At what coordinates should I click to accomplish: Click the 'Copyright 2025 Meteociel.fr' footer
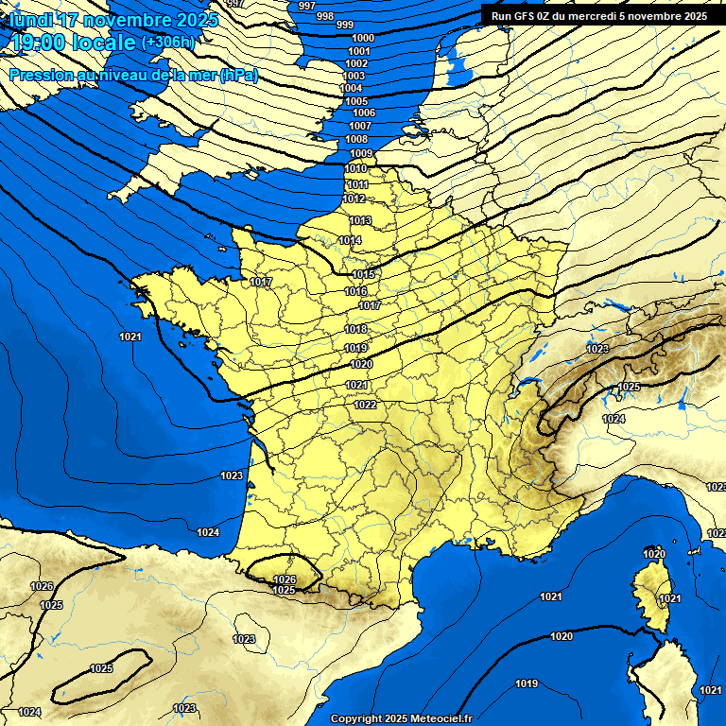pyautogui.click(x=401, y=718)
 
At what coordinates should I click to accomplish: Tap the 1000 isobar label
pyautogui.click(x=362, y=38)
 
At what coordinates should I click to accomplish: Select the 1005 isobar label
pyautogui.click(x=356, y=101)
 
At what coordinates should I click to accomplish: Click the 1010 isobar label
pyautogui.click(x=356, y=168)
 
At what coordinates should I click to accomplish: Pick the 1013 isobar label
pyautogui.click(x=360, y=220)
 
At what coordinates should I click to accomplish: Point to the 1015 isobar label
pyautogui.click(x=363, y=274)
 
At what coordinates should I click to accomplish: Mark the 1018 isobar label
pyautogui.click(x=356, y=329)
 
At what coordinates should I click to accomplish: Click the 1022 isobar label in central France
pyautogui.click(x=366, y=405)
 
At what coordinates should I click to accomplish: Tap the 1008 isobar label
pyautogui.click(x=356, y=139)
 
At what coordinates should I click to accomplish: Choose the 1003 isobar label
pyautogui.click(x=354, y=76)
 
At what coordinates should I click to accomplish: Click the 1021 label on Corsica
pyautogui.click(x=669, y=598)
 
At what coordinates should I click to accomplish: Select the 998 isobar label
pyautogui.click(x=324, y=16)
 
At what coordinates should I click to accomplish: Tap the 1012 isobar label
pyautogui.click(x=354, y=199)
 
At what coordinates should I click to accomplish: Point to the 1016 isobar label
pyautogui.click(x=355, y=291)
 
